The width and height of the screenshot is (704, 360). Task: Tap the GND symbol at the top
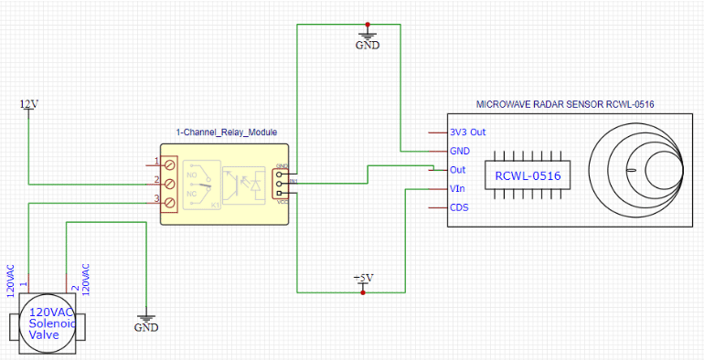367,43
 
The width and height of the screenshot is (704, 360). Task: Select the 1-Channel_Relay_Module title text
226,132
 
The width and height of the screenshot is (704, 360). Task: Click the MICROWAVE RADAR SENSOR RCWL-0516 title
566,105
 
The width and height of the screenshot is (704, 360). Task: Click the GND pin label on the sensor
461,151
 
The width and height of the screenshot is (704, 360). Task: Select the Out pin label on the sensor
459,170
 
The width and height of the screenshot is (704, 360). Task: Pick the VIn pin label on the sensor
459,188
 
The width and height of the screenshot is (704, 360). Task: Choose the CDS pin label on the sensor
460,207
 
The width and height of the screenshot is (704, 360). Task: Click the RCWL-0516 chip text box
528,175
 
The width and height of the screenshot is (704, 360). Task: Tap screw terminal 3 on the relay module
169,199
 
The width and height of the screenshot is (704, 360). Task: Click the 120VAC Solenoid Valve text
46,323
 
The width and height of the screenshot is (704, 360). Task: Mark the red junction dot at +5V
363,293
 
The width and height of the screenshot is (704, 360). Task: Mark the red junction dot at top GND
367,24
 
